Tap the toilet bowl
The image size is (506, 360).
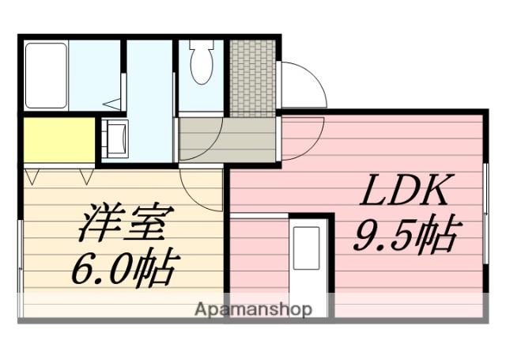click(202, 63)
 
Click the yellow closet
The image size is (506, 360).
click(59, 141)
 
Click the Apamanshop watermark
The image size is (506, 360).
click(253, 309)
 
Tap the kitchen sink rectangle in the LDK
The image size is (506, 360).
click(307, 247)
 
